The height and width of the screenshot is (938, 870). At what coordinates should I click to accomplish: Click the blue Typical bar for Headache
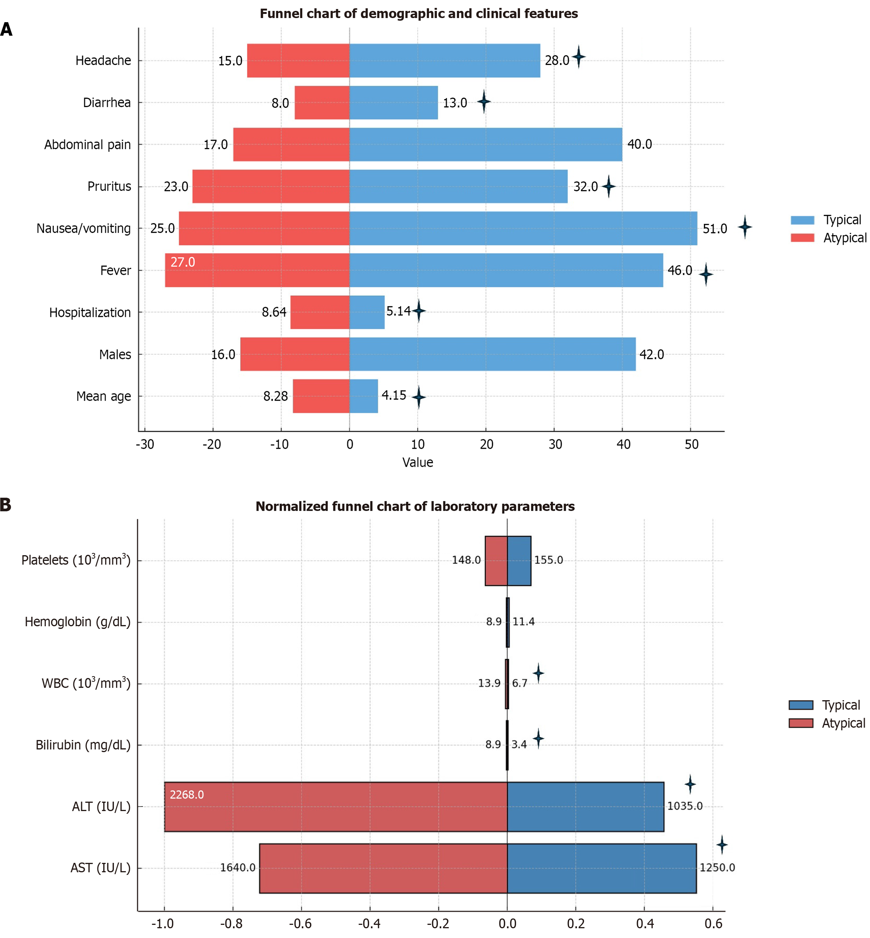point(444,61)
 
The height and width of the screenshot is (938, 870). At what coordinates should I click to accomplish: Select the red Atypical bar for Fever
point(257,270)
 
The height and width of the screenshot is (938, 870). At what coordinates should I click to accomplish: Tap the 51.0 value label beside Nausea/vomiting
point(715,229)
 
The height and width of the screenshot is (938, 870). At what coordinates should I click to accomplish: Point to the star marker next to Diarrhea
point(484,102)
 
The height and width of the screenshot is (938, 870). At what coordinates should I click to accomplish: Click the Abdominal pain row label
point(88,144)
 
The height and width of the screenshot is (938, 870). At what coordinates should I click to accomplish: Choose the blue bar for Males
point(493,354)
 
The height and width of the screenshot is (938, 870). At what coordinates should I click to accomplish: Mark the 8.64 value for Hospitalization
point(274,312)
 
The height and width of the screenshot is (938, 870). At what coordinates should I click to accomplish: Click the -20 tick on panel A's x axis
point(212,444)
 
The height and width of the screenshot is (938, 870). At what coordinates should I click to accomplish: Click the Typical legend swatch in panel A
point(802,220)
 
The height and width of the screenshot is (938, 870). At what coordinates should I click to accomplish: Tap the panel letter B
point(6,505)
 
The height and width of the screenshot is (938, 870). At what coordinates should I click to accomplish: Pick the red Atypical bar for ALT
point(336,807)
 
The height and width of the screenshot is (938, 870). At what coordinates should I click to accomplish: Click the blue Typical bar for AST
point(602,868)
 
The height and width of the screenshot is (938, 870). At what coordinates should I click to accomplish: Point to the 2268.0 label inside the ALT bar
point(187,795)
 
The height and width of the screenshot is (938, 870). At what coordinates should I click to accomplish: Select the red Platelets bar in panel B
point(496,561)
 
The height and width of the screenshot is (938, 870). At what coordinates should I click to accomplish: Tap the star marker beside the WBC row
point(538,673)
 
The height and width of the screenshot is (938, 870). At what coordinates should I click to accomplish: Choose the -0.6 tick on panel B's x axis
point(300,923)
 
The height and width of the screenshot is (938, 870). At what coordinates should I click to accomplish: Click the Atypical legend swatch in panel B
point(801,723)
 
